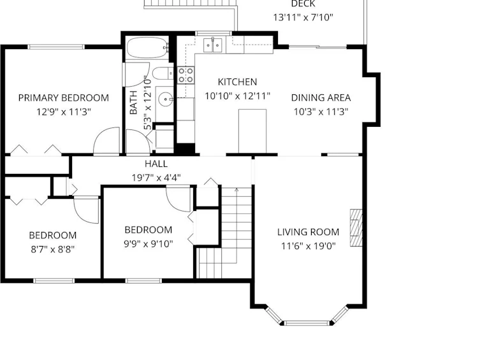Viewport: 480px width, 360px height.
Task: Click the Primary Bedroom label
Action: click(64, 98)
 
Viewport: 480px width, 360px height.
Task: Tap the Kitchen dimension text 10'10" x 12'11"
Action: click(238, 96)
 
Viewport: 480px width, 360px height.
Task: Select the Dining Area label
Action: click(321, 97)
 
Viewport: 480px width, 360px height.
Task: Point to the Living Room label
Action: click(309, 232)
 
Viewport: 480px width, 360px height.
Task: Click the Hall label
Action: click(156, 164)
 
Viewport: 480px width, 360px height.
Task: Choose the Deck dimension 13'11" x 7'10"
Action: click(303, 17)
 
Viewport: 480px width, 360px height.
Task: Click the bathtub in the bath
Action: click(147, 48)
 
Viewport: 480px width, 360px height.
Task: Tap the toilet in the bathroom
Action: click(163, 73)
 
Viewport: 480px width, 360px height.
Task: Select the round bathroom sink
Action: click(165, 99)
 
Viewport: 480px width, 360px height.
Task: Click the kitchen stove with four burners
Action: click(185, 75)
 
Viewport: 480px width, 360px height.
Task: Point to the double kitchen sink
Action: click(213, 45)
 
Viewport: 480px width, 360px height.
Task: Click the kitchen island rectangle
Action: click(252, 131)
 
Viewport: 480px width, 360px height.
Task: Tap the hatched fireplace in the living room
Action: click(356, 227)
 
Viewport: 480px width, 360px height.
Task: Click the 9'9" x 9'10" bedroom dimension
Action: click(149, 244)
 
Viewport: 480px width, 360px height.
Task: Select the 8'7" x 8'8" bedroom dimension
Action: click(53, 250)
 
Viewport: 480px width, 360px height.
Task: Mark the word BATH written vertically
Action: click(133, 103)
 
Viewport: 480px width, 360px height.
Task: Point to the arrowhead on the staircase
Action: click(236, 190)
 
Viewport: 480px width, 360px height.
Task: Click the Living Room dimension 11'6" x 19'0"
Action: click(309, 246)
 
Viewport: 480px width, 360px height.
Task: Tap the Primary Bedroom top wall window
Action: click(56, 47)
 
